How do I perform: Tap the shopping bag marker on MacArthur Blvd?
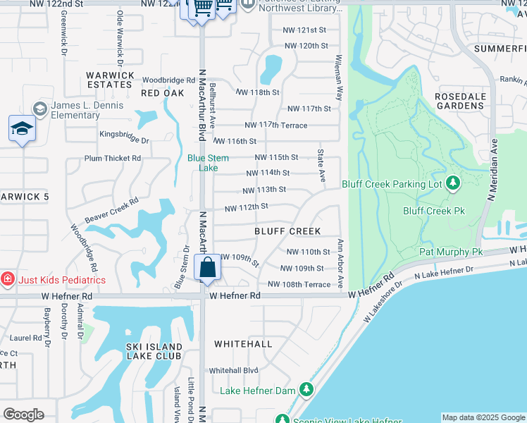tap(208, 269)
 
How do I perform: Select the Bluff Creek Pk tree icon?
tap(453, 184)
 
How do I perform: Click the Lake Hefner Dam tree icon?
tap(306, 390)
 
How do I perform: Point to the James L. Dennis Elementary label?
tap(86, 111)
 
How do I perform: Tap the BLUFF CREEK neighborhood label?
tap(287, 231)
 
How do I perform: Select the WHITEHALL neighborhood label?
tap(243, 343)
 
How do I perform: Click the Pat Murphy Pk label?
tap(451, 252)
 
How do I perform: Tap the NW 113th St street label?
tap(264, 190)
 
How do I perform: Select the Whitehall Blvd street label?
tap(233, 370)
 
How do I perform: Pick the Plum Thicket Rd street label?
tap(113, 159)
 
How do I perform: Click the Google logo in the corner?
tap(24, 415)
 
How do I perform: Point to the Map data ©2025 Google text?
tap(483, 417)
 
